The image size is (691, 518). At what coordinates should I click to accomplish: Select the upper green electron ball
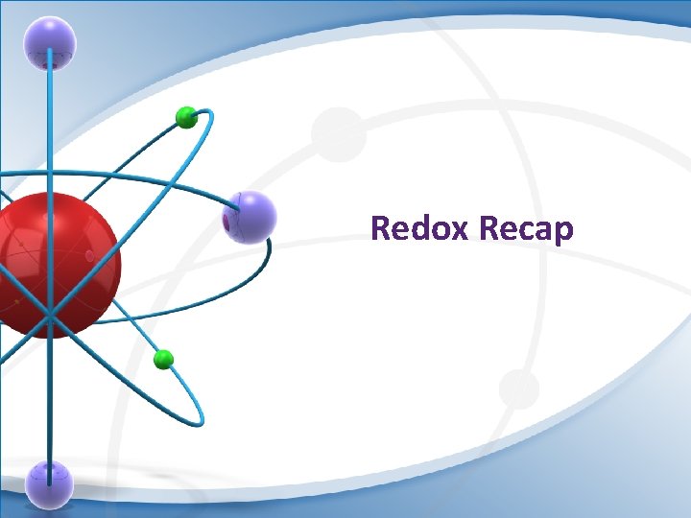point(186,118)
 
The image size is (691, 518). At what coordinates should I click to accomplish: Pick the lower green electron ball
point(163,360)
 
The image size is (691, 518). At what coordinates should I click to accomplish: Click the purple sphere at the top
point(50,43)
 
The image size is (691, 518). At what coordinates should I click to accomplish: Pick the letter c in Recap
point(526,231)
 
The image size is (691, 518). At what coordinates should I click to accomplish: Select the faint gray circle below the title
point(519,388)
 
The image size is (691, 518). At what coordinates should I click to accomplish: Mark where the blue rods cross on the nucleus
point(50,313)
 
